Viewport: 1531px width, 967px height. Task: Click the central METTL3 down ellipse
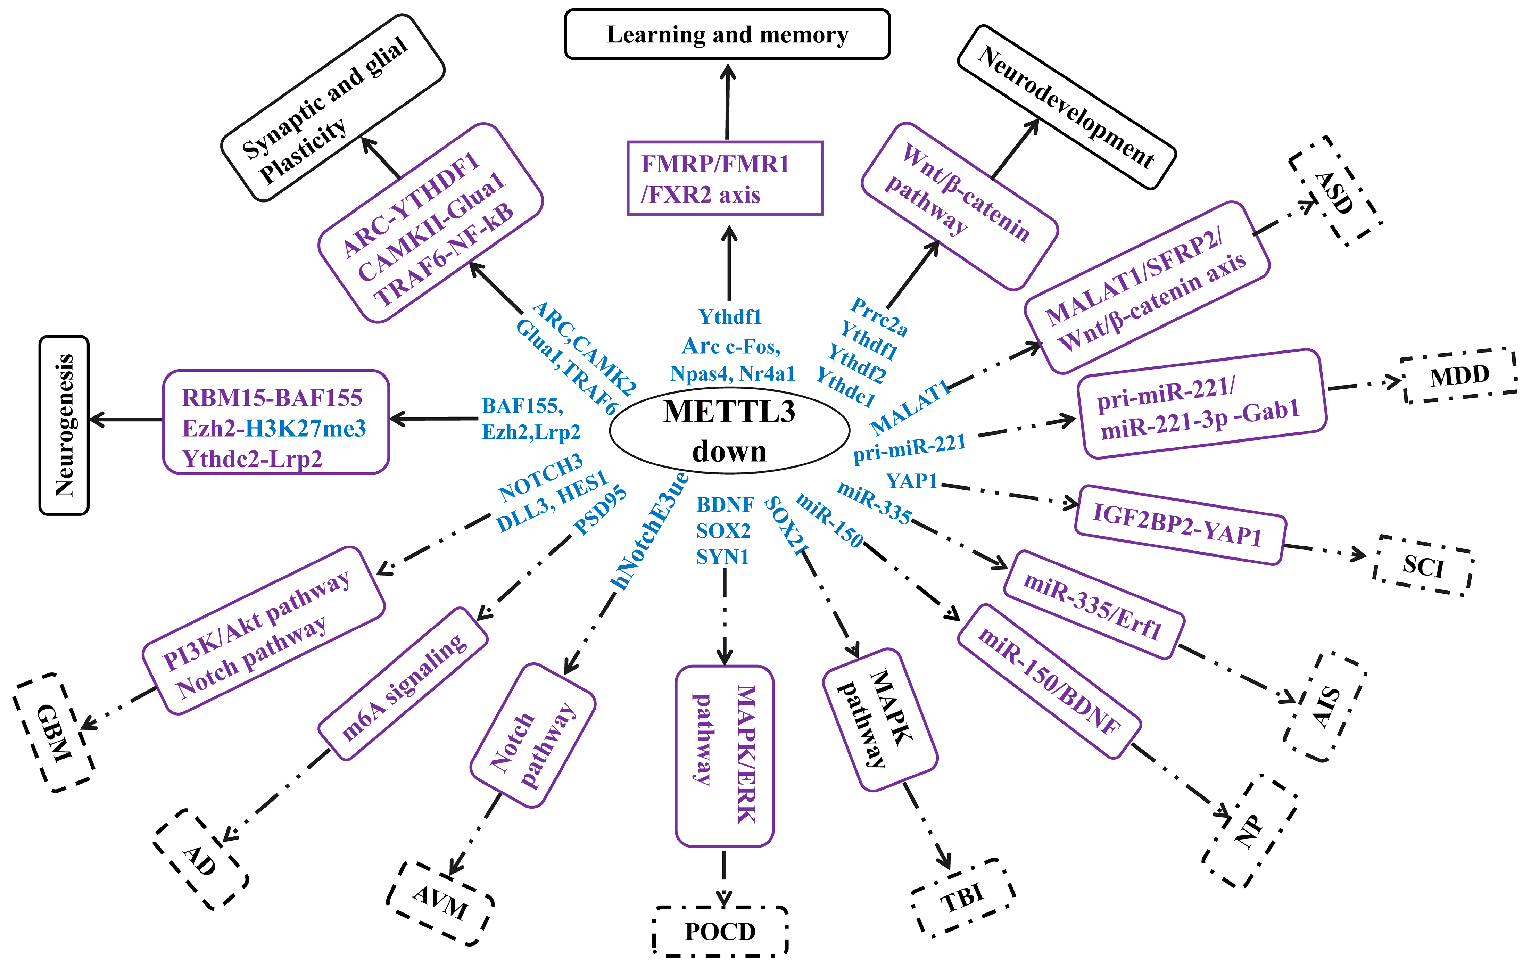click(x=729, y=431)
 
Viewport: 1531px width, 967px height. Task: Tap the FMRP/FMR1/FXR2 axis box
click(x=725, y=179)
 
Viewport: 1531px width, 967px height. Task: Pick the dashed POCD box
click(x=720, y=931)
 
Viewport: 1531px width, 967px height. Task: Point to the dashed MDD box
click(x=1459, y=375)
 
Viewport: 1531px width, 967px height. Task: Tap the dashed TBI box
click(x=962, y=898)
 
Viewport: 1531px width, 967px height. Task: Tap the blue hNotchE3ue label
click(x=648, y=531)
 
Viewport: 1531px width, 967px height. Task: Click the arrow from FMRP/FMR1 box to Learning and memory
click(x=727, y=102)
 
